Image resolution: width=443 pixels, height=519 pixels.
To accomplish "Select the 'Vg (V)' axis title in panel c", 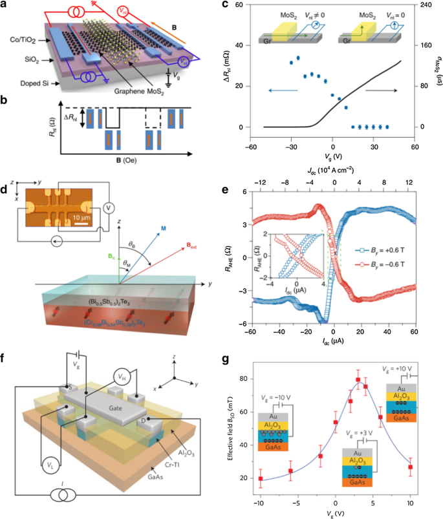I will coord(332,156).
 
